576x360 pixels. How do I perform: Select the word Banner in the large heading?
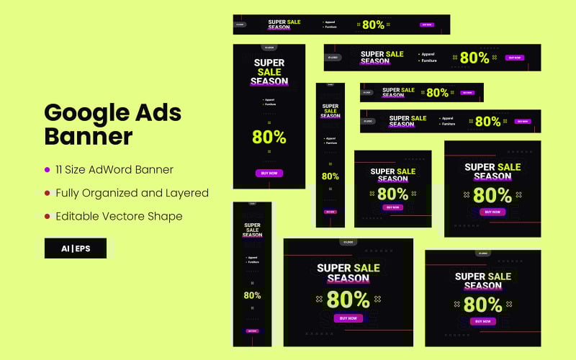[x=89, y=136]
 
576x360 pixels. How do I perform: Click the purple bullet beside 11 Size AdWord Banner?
[x=48, y=170]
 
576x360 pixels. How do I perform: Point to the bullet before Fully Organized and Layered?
[x=48, y=193]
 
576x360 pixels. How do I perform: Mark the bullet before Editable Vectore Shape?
[x=48, y=216]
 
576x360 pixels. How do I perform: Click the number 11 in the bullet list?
[x=60, y=170]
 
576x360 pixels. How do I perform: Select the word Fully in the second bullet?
[x=68, y=193]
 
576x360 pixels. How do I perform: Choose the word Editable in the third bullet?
[x=78, y=216]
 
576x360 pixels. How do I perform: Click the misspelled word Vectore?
[x=127, y=216]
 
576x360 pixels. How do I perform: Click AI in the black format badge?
[x=66, y=248]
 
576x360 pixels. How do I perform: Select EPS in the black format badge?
[x=80, y=248]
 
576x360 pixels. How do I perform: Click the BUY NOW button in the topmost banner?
[x=427, y=24]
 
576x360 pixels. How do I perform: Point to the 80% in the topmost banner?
[x=373, y=24]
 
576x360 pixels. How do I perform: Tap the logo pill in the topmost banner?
[x=240, y=24]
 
